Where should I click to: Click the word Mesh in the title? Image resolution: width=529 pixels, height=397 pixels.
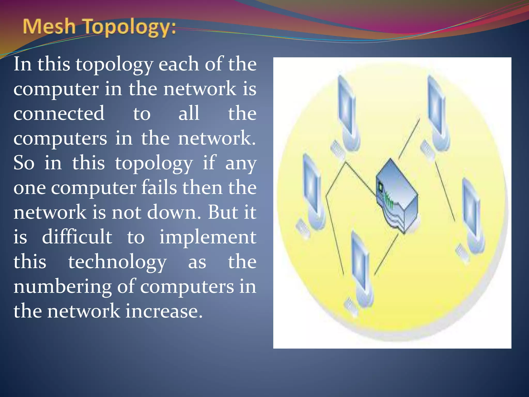49,27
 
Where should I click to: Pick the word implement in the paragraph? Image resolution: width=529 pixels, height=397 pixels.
208,237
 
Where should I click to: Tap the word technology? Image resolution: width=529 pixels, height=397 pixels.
117,262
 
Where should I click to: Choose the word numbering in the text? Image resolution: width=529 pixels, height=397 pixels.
62,287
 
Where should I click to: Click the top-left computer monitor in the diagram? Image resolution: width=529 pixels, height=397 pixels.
346,106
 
